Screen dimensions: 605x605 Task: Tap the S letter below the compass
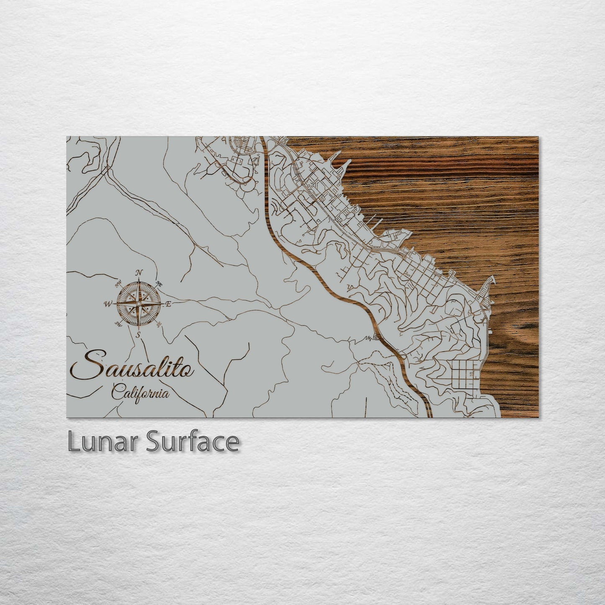(138, 335)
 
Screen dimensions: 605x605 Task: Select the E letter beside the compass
(169, 304)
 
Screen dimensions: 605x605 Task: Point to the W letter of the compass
(107, 304)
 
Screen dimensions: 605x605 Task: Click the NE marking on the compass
(159, 284)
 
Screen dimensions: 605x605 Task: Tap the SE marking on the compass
(158, 324)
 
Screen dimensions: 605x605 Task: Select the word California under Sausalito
(141, 394)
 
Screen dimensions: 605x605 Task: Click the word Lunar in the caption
(103, 442)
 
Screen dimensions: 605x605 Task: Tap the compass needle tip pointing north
(139, 281)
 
